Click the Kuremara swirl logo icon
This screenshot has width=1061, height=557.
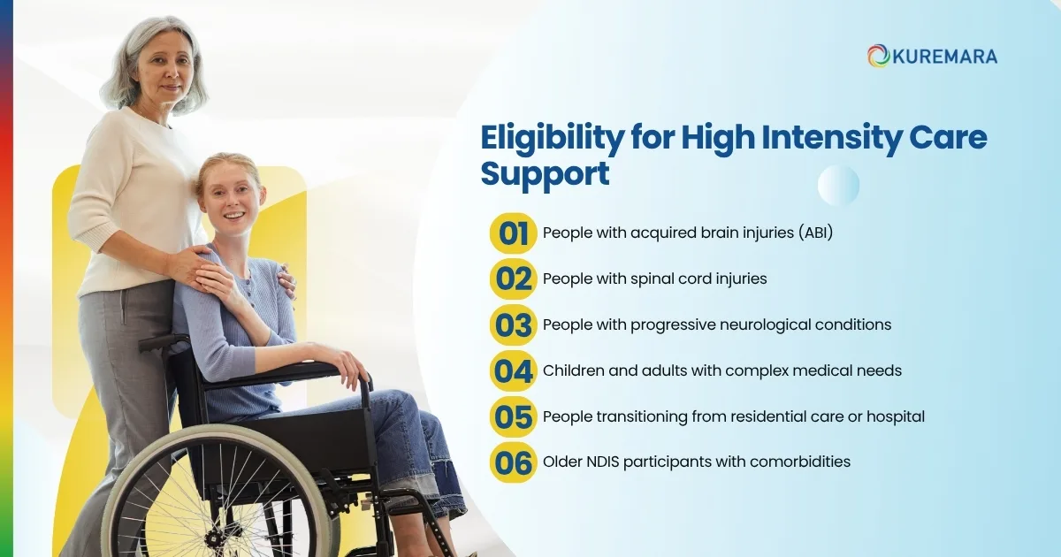click(878, 56)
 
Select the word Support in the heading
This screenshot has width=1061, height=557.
click(545, 173)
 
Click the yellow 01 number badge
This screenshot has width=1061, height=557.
click(513, 233)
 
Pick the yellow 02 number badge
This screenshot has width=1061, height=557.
click(513, 279)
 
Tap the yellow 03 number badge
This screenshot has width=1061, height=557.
click(513, 324)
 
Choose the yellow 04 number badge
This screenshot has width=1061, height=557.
click(513, 370)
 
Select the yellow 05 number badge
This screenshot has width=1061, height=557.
click(513, 416)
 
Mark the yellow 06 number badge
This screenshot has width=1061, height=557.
click(513, 462)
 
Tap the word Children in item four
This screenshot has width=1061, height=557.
click(573, 370)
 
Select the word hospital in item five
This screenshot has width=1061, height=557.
click(894, 416)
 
